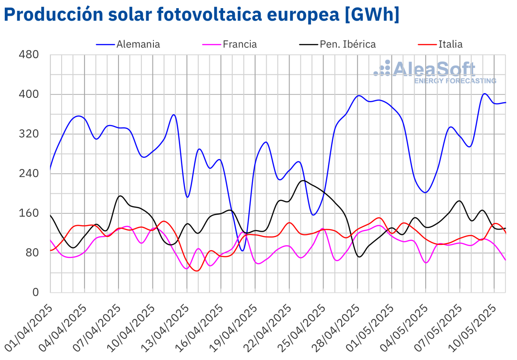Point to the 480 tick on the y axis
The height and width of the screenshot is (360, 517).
tap(29, 55)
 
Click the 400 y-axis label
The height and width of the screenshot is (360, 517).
tap(29, 94)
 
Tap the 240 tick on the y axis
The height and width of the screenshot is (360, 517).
tap(29, 174)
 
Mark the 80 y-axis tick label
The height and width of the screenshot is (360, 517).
tap(33, 253)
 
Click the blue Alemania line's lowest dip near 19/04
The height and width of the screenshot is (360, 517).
tap(243, 250)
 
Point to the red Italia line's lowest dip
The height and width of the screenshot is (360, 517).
tap(197, 271)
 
